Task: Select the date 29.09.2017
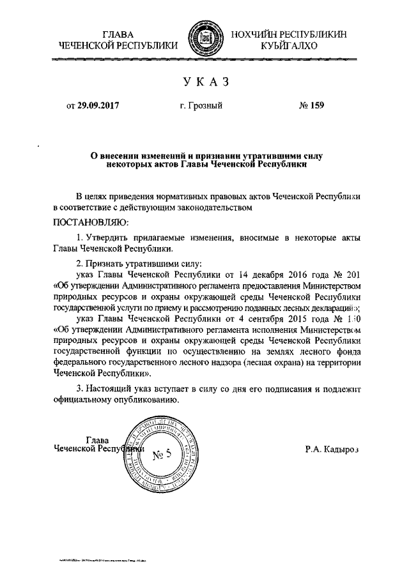(98, 106)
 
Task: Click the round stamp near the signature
(157, 454)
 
